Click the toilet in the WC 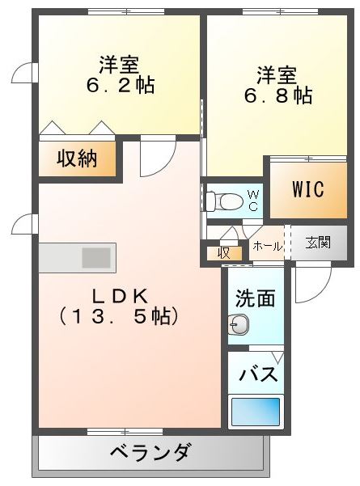[224, 201]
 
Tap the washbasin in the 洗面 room [238, 324]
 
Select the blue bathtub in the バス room [256, 412]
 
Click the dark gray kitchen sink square [96, 258]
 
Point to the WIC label [308, 188]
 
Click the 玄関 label [318, 242]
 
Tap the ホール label [268, 247]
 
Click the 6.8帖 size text [278, 95]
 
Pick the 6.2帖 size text [121, 85]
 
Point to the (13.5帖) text [119, 316]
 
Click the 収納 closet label [77, 158]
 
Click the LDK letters [120, 297]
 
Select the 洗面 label [256, 298]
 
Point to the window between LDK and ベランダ [125, 431]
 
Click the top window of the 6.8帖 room [281, 12]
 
